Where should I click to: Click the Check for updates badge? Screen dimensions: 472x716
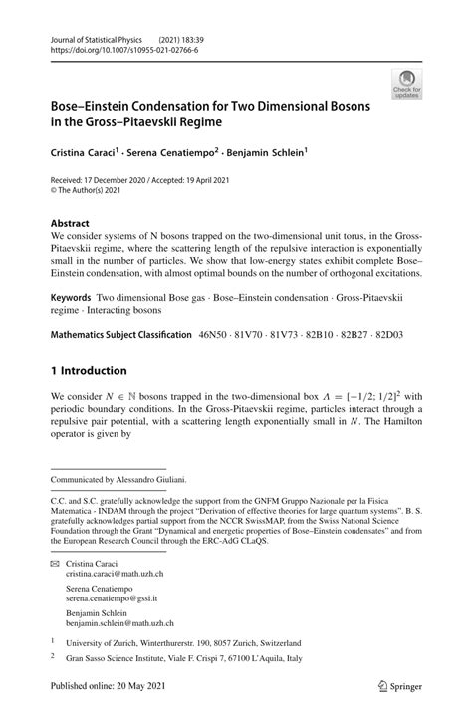pyautogui.click(x=406, y=83)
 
